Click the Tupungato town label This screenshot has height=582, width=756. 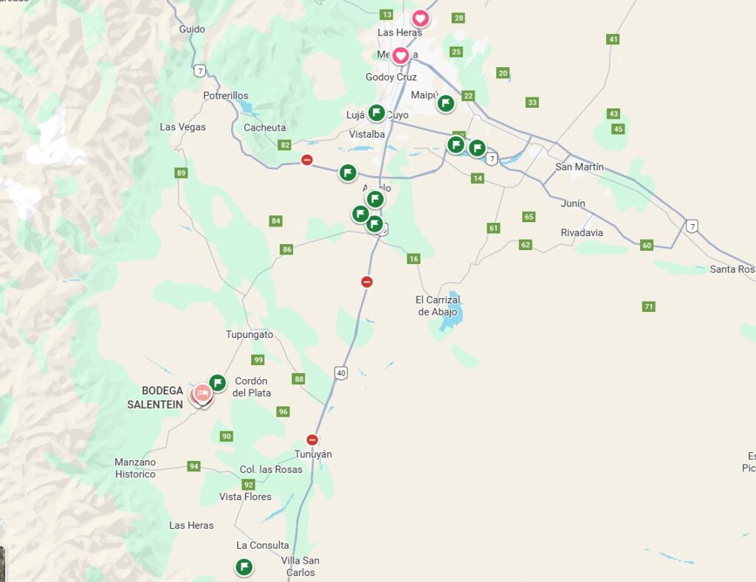[x=249, y=335]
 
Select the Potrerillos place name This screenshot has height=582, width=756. [x=226, y=96]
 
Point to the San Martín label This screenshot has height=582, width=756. [x=579, y=167]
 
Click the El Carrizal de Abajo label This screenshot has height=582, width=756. [x=438, y=306]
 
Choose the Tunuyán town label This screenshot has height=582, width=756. [x=313, y=454]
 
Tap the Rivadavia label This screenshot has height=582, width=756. [x=582, y=233]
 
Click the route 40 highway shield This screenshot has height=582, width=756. [x=340, y=373]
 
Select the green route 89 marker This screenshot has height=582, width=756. [x=182, y=173]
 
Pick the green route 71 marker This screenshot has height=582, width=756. [x=648, y=306]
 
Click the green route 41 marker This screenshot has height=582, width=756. [x=613, y=39]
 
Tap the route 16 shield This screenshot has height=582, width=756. [x=413, y=258]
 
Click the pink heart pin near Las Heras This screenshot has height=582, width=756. [x=420, y=18]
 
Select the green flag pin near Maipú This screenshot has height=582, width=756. [x=445, y=103]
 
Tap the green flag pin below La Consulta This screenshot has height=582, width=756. [x=244, y=567]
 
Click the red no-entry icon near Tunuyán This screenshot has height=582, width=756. [x=312, y=440]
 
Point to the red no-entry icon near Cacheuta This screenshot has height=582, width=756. [x=306, y=160]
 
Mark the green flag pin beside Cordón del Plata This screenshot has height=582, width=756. [x=217, y=383]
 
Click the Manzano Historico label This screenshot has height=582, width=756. [x=135, y=468]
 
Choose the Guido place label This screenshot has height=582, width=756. [x=192, y=30]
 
